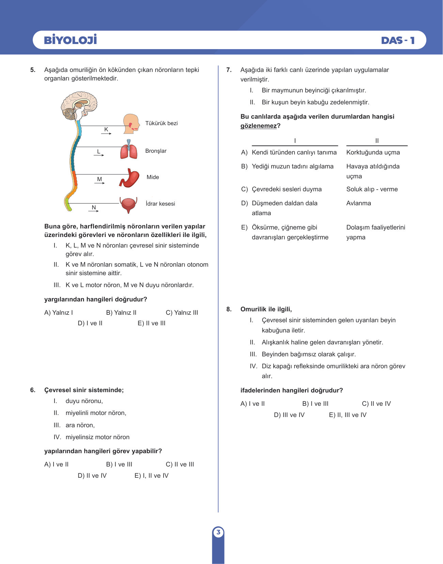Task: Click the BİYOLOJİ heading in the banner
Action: [70, 40]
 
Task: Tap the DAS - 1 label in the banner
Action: [398, 40]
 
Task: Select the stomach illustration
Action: [129, 178]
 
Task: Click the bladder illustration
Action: [128, 205]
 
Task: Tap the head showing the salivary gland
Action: [132, 124]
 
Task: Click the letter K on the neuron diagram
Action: [106, 129]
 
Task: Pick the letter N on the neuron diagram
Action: [94, 207]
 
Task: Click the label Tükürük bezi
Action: [161, 123]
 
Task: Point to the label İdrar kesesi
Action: [160, 204]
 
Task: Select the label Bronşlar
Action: [156, 151]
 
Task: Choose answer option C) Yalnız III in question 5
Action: [182, 312]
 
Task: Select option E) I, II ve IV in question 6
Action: [151, 475]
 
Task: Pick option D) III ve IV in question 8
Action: [289, 415]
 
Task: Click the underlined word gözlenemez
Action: [259, 126]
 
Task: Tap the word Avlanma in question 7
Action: [359, 203]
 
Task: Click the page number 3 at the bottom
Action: [218, 532]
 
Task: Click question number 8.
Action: [229, 309]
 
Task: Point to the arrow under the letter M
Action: [100, 183]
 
